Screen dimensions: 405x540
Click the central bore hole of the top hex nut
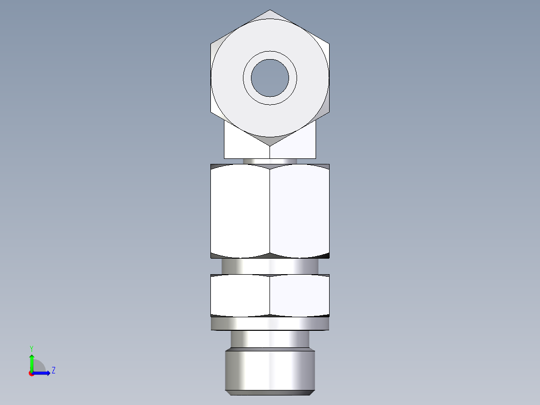(270, 78)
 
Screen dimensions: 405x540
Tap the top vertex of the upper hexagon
(270, 10)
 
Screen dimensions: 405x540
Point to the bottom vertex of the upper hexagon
(270, 145)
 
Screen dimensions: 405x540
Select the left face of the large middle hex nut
(240, 211)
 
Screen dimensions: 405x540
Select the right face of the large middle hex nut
(300, 211)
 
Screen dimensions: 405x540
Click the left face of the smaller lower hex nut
(240, 295)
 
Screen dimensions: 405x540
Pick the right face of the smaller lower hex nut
(300, 295)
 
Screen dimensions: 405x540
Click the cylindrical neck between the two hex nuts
(270, 266)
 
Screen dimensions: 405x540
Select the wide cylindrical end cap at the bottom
(270, 371)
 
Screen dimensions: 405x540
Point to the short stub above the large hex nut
(270, 161)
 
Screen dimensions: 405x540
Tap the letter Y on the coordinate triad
(31, 348)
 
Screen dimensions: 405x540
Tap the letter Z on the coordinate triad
(53, 370)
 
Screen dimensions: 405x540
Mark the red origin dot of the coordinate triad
(31, 373)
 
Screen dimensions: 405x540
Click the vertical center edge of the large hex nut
(270, 211)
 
